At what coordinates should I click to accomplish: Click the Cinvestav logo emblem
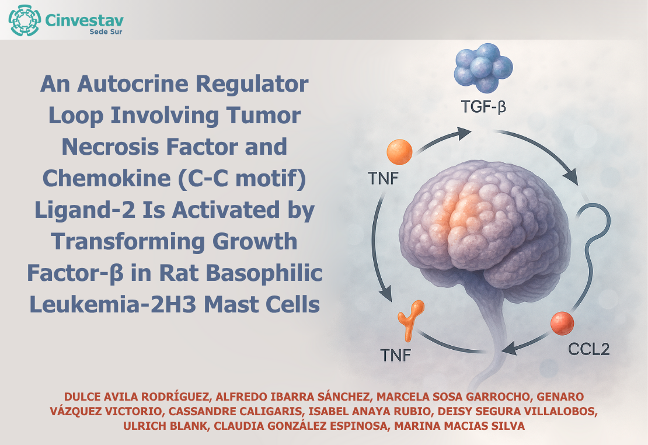pos(25,20)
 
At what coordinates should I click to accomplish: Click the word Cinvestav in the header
pos(84,20)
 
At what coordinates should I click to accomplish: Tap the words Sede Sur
pos(106,32)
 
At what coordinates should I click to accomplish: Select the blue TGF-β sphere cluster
pos(483,68)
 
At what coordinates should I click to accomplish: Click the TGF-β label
pos(483,107)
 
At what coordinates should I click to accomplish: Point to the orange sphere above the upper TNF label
pos(399,152)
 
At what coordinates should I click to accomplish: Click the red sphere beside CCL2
pos(562,324)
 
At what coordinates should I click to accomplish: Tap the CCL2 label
pos(588,349)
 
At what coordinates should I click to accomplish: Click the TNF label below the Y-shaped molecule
pos(395,355)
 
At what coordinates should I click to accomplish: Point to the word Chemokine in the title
pos(107,179)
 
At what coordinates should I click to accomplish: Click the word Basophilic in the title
pos(264,273)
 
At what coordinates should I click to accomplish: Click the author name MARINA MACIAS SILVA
pos(459,426)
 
